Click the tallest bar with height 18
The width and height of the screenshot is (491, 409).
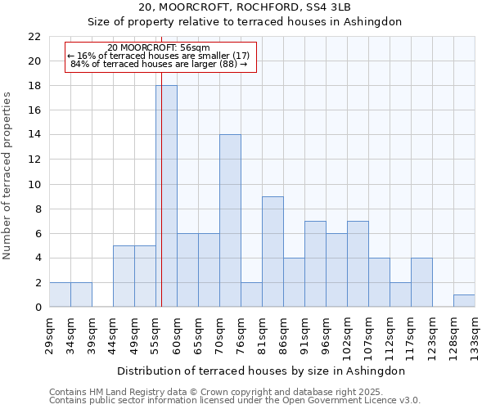click(166, 196)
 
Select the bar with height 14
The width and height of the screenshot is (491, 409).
click(230, 221)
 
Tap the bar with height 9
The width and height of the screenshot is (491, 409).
click(273, 251)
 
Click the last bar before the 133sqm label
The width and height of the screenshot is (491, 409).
click(464, 301)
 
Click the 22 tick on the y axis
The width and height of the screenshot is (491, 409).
click(34, 37)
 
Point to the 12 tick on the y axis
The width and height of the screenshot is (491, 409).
click(34, 160)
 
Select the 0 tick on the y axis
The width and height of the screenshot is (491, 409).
click(38, 308)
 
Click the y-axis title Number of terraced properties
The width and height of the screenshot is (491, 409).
click(8, 176)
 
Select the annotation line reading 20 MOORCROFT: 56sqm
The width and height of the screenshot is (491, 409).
click(159, 47)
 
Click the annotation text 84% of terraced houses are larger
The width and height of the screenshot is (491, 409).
click(159, 64)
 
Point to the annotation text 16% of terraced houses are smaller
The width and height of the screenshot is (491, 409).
click(159, 56)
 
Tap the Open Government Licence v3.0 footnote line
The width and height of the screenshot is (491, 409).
click(235, 401)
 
